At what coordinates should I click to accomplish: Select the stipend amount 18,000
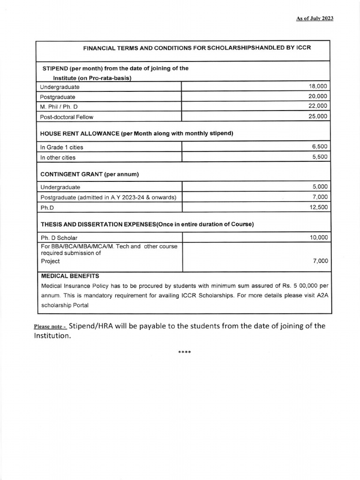pos(318,87)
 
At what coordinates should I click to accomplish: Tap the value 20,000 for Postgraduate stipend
pos(318,97)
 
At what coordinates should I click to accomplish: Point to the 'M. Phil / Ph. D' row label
pos(61,106)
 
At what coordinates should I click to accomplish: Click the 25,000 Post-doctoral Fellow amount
pos(318,117)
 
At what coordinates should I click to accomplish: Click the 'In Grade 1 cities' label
pos(61,147)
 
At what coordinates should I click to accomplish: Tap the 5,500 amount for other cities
pos(320,157)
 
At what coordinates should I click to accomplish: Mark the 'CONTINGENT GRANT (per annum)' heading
pos(90,174)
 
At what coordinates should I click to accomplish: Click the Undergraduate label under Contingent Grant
pos(60,187)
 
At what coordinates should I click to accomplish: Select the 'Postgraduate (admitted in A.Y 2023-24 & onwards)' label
pos(108,197)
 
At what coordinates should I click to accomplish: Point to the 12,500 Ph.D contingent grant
pos(319,207)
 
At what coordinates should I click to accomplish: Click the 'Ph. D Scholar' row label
pos(59,238)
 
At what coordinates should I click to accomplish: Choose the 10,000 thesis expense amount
pos(319,238)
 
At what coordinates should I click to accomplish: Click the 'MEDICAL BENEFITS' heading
pos(70,276)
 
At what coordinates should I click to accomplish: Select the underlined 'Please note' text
pos(50,327)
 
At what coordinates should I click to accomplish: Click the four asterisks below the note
pos(184,352)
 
